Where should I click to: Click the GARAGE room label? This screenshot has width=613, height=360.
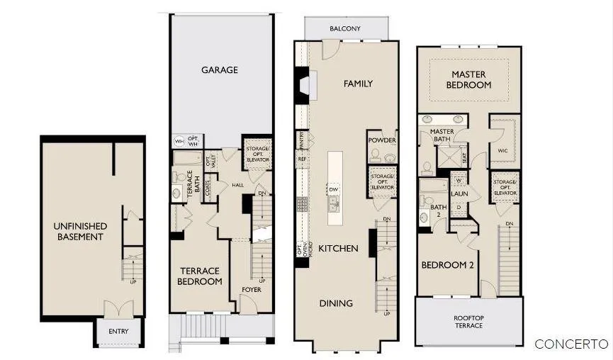point(220,70)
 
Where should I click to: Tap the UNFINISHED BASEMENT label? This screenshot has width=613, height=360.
point(80,231)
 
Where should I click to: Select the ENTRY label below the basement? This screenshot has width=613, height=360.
point(118,332)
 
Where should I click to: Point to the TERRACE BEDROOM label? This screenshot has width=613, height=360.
point(200,276)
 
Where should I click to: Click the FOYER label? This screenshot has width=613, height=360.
point(252,290)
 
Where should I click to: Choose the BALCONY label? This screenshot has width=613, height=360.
point(345,29)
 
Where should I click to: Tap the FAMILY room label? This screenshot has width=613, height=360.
point(358,84)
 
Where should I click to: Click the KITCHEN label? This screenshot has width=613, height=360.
point(338,249)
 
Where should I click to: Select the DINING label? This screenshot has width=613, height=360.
point(336,303)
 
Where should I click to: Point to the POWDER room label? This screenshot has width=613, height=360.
point(382,140)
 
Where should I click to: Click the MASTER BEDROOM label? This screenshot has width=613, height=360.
point(468,79)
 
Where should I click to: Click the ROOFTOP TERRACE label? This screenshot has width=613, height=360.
point(468,322)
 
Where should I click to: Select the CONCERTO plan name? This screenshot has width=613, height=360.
point(571,344)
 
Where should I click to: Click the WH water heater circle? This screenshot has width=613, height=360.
point(179,141)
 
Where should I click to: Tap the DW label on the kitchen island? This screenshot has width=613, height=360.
point(333,189)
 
